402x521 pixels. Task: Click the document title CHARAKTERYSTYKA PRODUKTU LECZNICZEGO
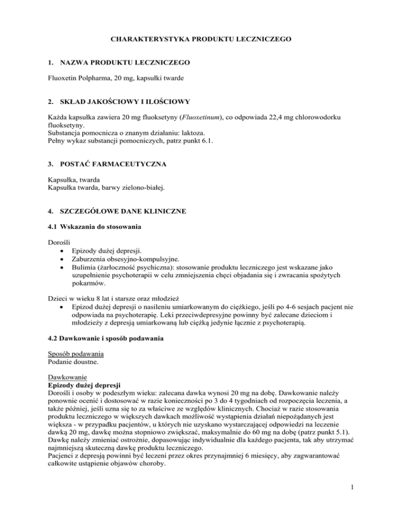(x=201, y=38)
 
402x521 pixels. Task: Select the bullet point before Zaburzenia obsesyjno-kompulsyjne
(x=63, y=257)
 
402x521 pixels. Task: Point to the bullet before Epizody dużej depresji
(x=63, y=249)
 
